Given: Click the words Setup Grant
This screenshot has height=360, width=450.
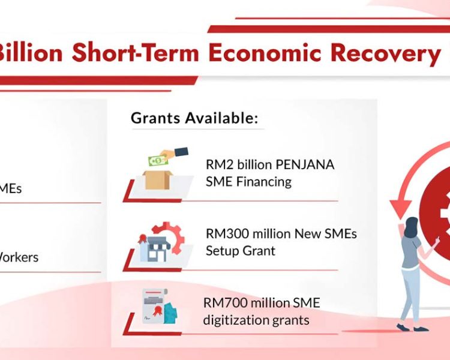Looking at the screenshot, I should (x=241, y=251).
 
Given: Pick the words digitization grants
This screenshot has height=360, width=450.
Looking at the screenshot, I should (x=257, y=320).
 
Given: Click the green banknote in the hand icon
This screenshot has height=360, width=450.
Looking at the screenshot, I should (x=157, y=160).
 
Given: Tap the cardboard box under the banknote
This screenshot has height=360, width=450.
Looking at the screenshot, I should (x=158, y=179).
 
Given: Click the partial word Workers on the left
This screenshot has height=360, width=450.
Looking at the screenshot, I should (x=18, y=257).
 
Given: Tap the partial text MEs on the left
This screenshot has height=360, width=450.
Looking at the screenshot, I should (x=11, y=188).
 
